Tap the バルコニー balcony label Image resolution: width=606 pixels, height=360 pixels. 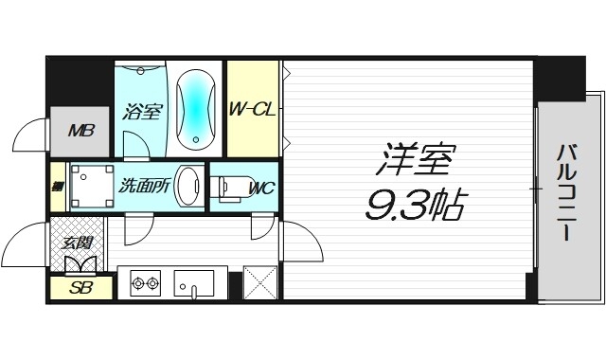pos(566,191)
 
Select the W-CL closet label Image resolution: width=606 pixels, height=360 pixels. pos(253,110)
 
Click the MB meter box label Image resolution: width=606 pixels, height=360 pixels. pos(82,130)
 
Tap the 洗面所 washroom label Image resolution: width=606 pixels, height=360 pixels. pos(145,186)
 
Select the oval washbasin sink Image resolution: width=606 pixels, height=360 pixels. pos(189,185)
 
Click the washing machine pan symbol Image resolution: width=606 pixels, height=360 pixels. pos(90,185)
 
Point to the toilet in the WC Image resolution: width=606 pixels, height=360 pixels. pos(232,188)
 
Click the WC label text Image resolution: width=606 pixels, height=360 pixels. pos(261,188)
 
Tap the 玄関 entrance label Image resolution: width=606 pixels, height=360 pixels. pos(76,243)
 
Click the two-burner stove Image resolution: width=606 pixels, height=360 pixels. pos(144,282)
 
